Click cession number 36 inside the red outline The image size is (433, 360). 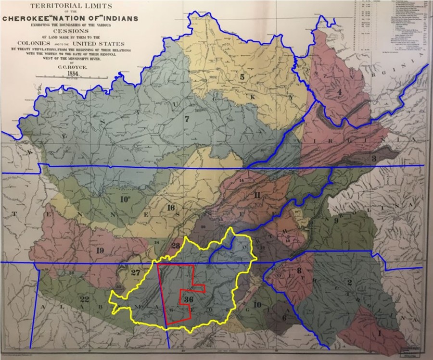[x=189, y=299]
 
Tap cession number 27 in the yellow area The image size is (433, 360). [x=136, y=273]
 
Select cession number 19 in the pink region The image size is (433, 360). [x=100, y=250]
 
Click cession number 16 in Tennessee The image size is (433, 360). [x=171, y=208]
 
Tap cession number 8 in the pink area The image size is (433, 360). [x=299, y=271]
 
